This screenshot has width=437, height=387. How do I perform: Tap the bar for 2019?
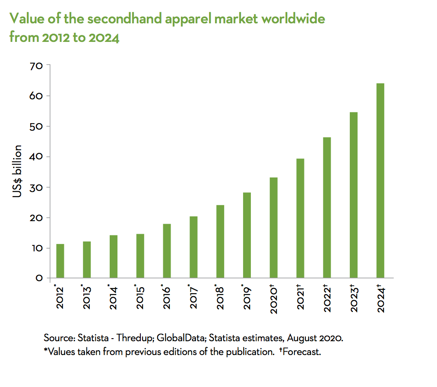pyautogui.click(x=247, y=235)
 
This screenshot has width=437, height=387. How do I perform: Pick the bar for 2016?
pyautogui.click(x=167, y=251)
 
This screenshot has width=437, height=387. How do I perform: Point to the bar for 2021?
pyautogui.click(x=300, y=218)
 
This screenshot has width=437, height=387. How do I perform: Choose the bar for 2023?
pyautogui.click(x=354, y=195)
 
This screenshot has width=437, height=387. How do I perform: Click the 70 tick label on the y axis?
pyautogui.click(x=36, y=66)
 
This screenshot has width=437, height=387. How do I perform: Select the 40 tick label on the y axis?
pyautogui.click(x=36, y=157)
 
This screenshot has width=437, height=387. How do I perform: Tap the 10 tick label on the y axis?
pyautogui.click(x=36, y=248)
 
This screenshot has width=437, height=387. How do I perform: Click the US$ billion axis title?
pyautogui.click(x=17, y=171)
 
